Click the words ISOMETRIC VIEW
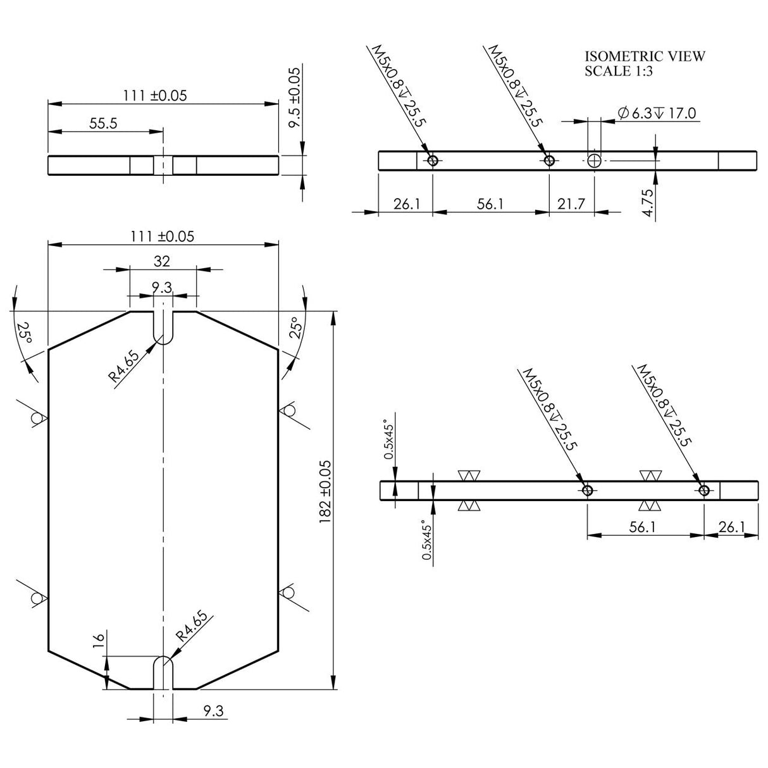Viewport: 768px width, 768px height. click(x=645, y=56)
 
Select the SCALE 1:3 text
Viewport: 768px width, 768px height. click(x=619, y=71)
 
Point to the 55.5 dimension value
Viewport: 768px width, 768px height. click(x=103, y=123)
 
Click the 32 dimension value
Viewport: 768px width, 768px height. click(x=162, y=261)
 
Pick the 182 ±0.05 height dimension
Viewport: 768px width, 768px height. click(x=325, y=492)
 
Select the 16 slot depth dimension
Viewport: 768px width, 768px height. click(x=99, y=640)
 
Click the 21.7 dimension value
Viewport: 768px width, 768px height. click(x=571, y=204)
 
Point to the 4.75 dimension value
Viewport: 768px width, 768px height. click(x=648, y=203)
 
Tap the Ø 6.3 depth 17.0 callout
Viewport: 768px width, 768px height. click(x=657, y=113)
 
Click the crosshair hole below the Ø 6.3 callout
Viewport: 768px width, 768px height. click(x=594, y=161)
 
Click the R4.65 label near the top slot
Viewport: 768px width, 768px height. click(x=125, y=366)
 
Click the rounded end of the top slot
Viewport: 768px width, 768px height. click(x=163, y=337)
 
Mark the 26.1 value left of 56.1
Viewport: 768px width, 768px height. click(x=407, y=204)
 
